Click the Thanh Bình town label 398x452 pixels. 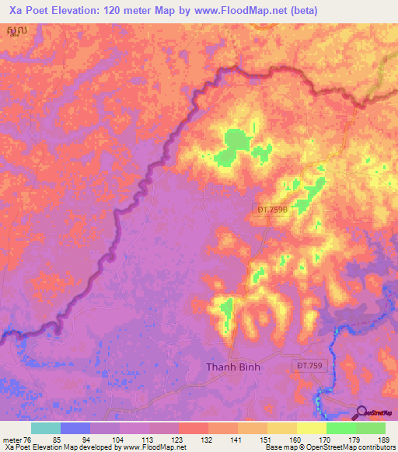pos(232,367)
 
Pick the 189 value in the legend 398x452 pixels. pos(385,440)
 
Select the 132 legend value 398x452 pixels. pos(208,440)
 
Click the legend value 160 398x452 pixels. pos(296,440)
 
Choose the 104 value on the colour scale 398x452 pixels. pos(119,440)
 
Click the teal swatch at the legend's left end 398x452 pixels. pos(45,428)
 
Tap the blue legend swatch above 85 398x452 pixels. pos(75,428)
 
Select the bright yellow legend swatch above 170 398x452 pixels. pos(311,428)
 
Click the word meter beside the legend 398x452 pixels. pos(12,440)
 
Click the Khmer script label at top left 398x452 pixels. pos(12,31)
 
